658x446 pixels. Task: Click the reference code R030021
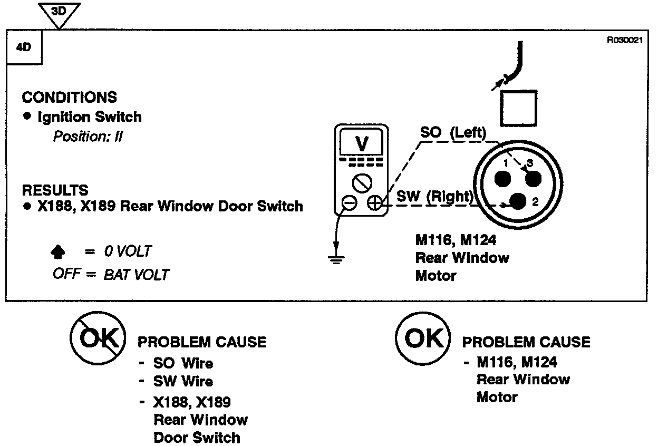(625, 40)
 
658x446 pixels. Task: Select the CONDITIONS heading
(69, 98)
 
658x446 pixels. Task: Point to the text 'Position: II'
(88, 137)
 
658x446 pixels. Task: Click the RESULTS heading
(55, 190)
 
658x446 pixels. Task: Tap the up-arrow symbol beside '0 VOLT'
(57, 253)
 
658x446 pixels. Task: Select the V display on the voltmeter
(362, 142)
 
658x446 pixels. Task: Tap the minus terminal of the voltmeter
(349, 203)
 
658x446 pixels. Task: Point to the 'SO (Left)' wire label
(452, 132)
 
